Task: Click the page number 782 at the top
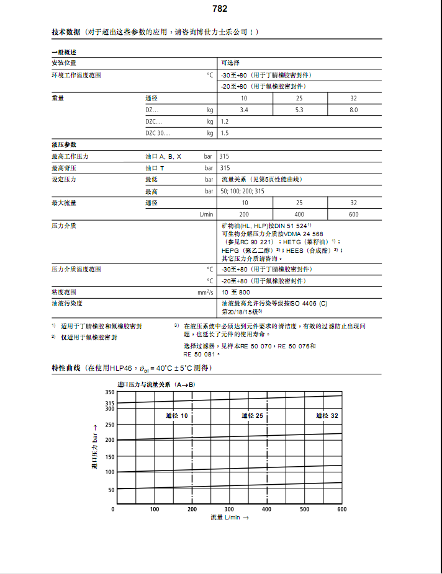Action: (x=220, y=9)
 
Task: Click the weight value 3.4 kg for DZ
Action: (x=245, y=110)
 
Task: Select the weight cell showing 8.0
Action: (x=353, y=110)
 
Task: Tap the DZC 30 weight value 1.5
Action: (x=225, y=133)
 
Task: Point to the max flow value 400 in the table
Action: (x=299, y=214)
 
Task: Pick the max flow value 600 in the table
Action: (x=353, y=214)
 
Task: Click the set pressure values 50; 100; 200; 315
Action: (x=243, y=191)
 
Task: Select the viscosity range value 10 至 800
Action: (x=237, y=291)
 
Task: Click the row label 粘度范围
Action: (x=63, y=291)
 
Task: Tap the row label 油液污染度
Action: (x=66, y=302)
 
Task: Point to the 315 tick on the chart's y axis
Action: (x=109, y=403)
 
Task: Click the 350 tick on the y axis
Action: (x=109, y=392)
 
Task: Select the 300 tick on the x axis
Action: (x=229, y=509)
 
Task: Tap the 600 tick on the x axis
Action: (x=341, y=509)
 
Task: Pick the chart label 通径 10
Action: (x=177, y=415)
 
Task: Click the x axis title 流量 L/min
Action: (x=229, y=517)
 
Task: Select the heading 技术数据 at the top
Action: (x=65, y=32)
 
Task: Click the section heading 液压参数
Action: (x=63, y=144)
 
